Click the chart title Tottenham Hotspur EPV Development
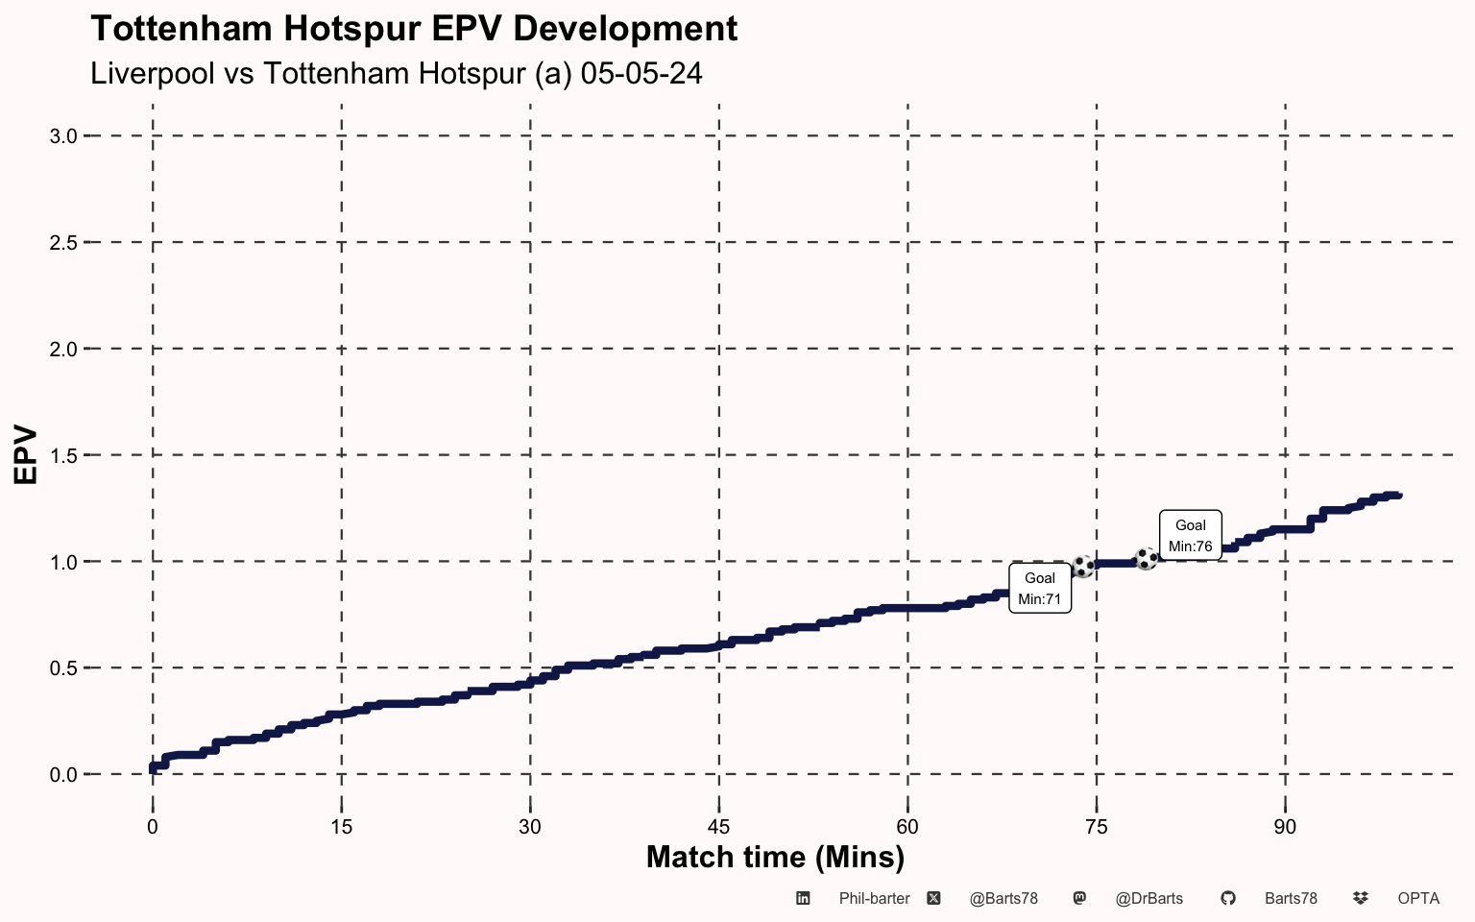click(x=414, y=29)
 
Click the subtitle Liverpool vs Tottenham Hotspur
click(x=396, y=74)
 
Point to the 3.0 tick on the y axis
click(x=63, y=136)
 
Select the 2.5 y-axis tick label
click(x=63, y=243)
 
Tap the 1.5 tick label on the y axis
click(x=63, y=455)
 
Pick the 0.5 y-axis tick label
click(x=63, y=668)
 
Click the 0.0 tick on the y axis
click(x=63, y=775)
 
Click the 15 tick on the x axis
click(x=341, y=827)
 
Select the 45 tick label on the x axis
click(x=718, y=827)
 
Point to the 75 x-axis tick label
click(x=1096, y=827)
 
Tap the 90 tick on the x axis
click(x=1285, y=827)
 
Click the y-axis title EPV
click(x=26, y=455)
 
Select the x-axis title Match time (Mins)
click(x=775, y=857)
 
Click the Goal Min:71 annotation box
click(x=1040, y=589)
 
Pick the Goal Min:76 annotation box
click(x=1191, y=536)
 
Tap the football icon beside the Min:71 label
click(x=1083, y=567)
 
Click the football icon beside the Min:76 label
click(x=1147, y=559)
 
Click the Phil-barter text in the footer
click(x=874, y=899)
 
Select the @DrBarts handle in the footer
click(x=1149, y=899)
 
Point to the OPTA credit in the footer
click(x=1418, y=899)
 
